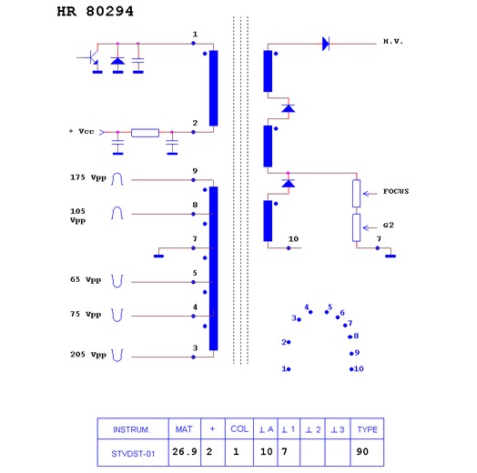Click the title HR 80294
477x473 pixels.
tap(96, 12)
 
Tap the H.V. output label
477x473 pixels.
tap(393, 41)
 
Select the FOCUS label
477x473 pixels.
tap(396, 191)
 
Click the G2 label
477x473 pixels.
tap(388, 226)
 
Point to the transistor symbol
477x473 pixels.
tap(93, 56)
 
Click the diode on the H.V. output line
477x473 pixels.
tap(326, 44)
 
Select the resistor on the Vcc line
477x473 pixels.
tap(145, 133)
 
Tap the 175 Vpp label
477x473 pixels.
tap(88, 177)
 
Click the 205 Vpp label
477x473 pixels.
tap(88, 355)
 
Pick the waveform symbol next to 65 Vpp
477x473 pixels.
tap(117, 281)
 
